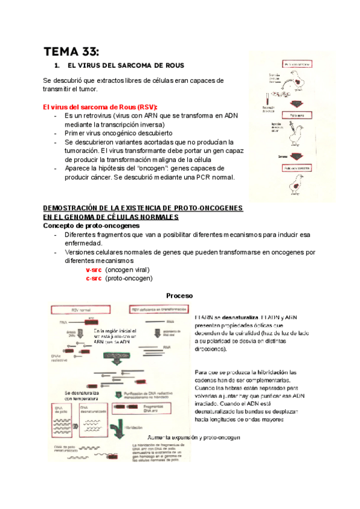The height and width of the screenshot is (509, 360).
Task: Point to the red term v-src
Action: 94,270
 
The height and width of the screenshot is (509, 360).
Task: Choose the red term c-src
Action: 94,278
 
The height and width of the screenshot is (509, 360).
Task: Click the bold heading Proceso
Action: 179,296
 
